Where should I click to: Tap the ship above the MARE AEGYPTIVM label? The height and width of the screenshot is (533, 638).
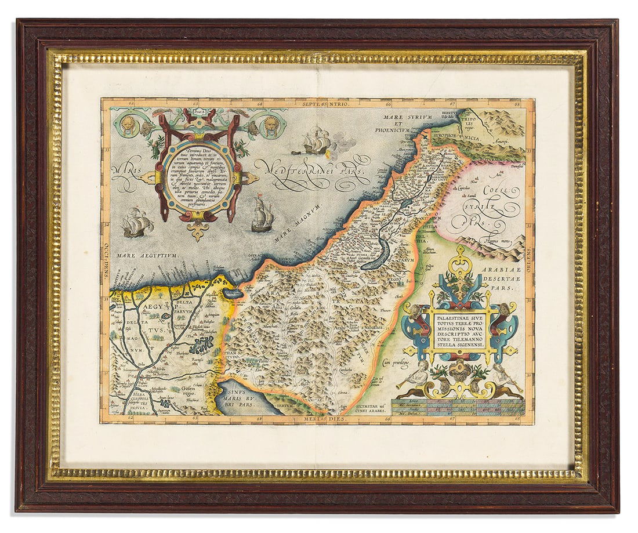click(137, 222)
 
